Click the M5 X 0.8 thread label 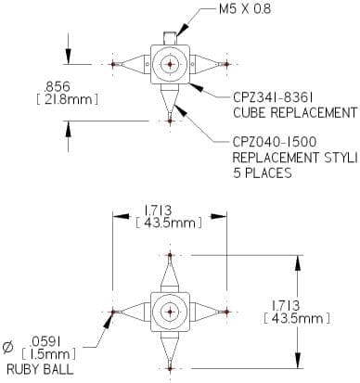pos(245,9)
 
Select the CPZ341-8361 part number pos(273,98)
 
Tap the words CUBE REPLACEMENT pos(295,112)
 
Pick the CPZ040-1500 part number pos(275,142)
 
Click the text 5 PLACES pos(263,172)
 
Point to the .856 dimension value pos(58,86)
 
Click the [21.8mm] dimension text pos(68,99)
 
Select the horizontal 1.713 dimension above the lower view pos(158,211)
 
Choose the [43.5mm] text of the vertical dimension pos(297,318)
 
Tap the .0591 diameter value pos(45,342)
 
